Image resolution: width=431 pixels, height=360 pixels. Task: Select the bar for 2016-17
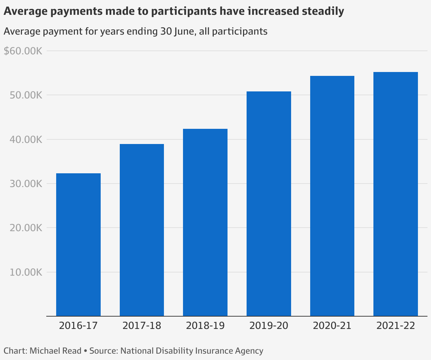(78, 245)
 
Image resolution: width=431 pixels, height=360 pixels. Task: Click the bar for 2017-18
(142, 230)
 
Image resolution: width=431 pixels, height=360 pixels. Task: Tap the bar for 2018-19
(205, 222)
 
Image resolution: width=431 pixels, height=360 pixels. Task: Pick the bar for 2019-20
(269, 204)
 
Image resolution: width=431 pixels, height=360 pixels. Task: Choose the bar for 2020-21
(332, 196)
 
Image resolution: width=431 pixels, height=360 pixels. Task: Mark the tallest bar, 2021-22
(396, 194)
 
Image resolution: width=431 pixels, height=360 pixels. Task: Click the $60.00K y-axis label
(23, 51)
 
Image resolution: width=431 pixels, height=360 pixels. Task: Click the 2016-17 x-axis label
(78, 325)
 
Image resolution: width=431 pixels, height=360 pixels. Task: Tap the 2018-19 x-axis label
(205, 325)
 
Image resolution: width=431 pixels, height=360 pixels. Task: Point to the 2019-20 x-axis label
(269, 325)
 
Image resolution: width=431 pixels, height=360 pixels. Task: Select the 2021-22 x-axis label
(396, 325)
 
